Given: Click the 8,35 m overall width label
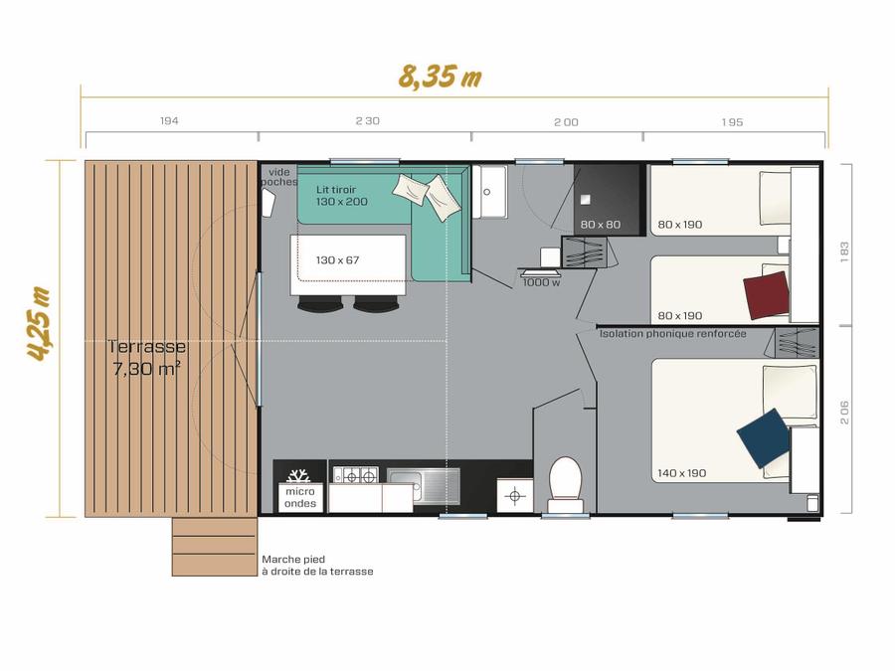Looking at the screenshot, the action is [440, 77].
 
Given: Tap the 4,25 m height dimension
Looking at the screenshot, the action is [40, 323].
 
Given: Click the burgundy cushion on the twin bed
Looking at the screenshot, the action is [767, 295].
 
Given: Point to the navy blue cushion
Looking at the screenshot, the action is [764, 438].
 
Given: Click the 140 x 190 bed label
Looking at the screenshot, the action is [681, 473].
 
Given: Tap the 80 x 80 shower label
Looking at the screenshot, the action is [601, 225].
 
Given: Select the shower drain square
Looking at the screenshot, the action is [585, 200].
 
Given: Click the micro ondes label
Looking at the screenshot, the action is [300, 497].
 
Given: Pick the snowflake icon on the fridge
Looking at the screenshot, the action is [298, 475].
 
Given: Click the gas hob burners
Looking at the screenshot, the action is [356, 475].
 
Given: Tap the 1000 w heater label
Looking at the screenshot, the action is [541, 282].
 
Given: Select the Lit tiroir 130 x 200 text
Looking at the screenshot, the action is [342, 196].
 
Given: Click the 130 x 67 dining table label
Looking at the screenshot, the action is [337, 260].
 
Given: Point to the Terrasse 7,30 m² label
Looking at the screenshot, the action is [147, 357].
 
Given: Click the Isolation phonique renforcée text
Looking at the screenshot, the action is [672, 333].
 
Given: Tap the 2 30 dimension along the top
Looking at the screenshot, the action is [368, 121].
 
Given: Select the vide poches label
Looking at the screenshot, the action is [279, 177].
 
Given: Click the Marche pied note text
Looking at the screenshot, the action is [317, 566].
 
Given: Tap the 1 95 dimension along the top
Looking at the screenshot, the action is [732, 122].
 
